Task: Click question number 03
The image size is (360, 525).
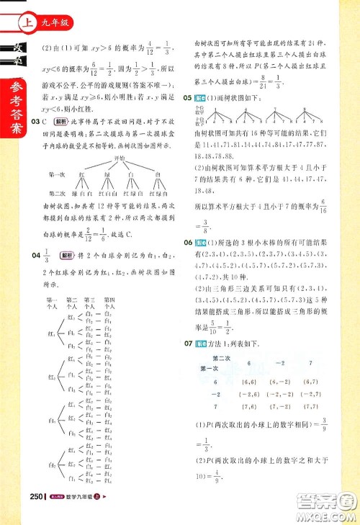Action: point(40,123)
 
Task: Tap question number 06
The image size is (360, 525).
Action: point(190,243)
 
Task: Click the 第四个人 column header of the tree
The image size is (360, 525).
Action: point(110,302)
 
